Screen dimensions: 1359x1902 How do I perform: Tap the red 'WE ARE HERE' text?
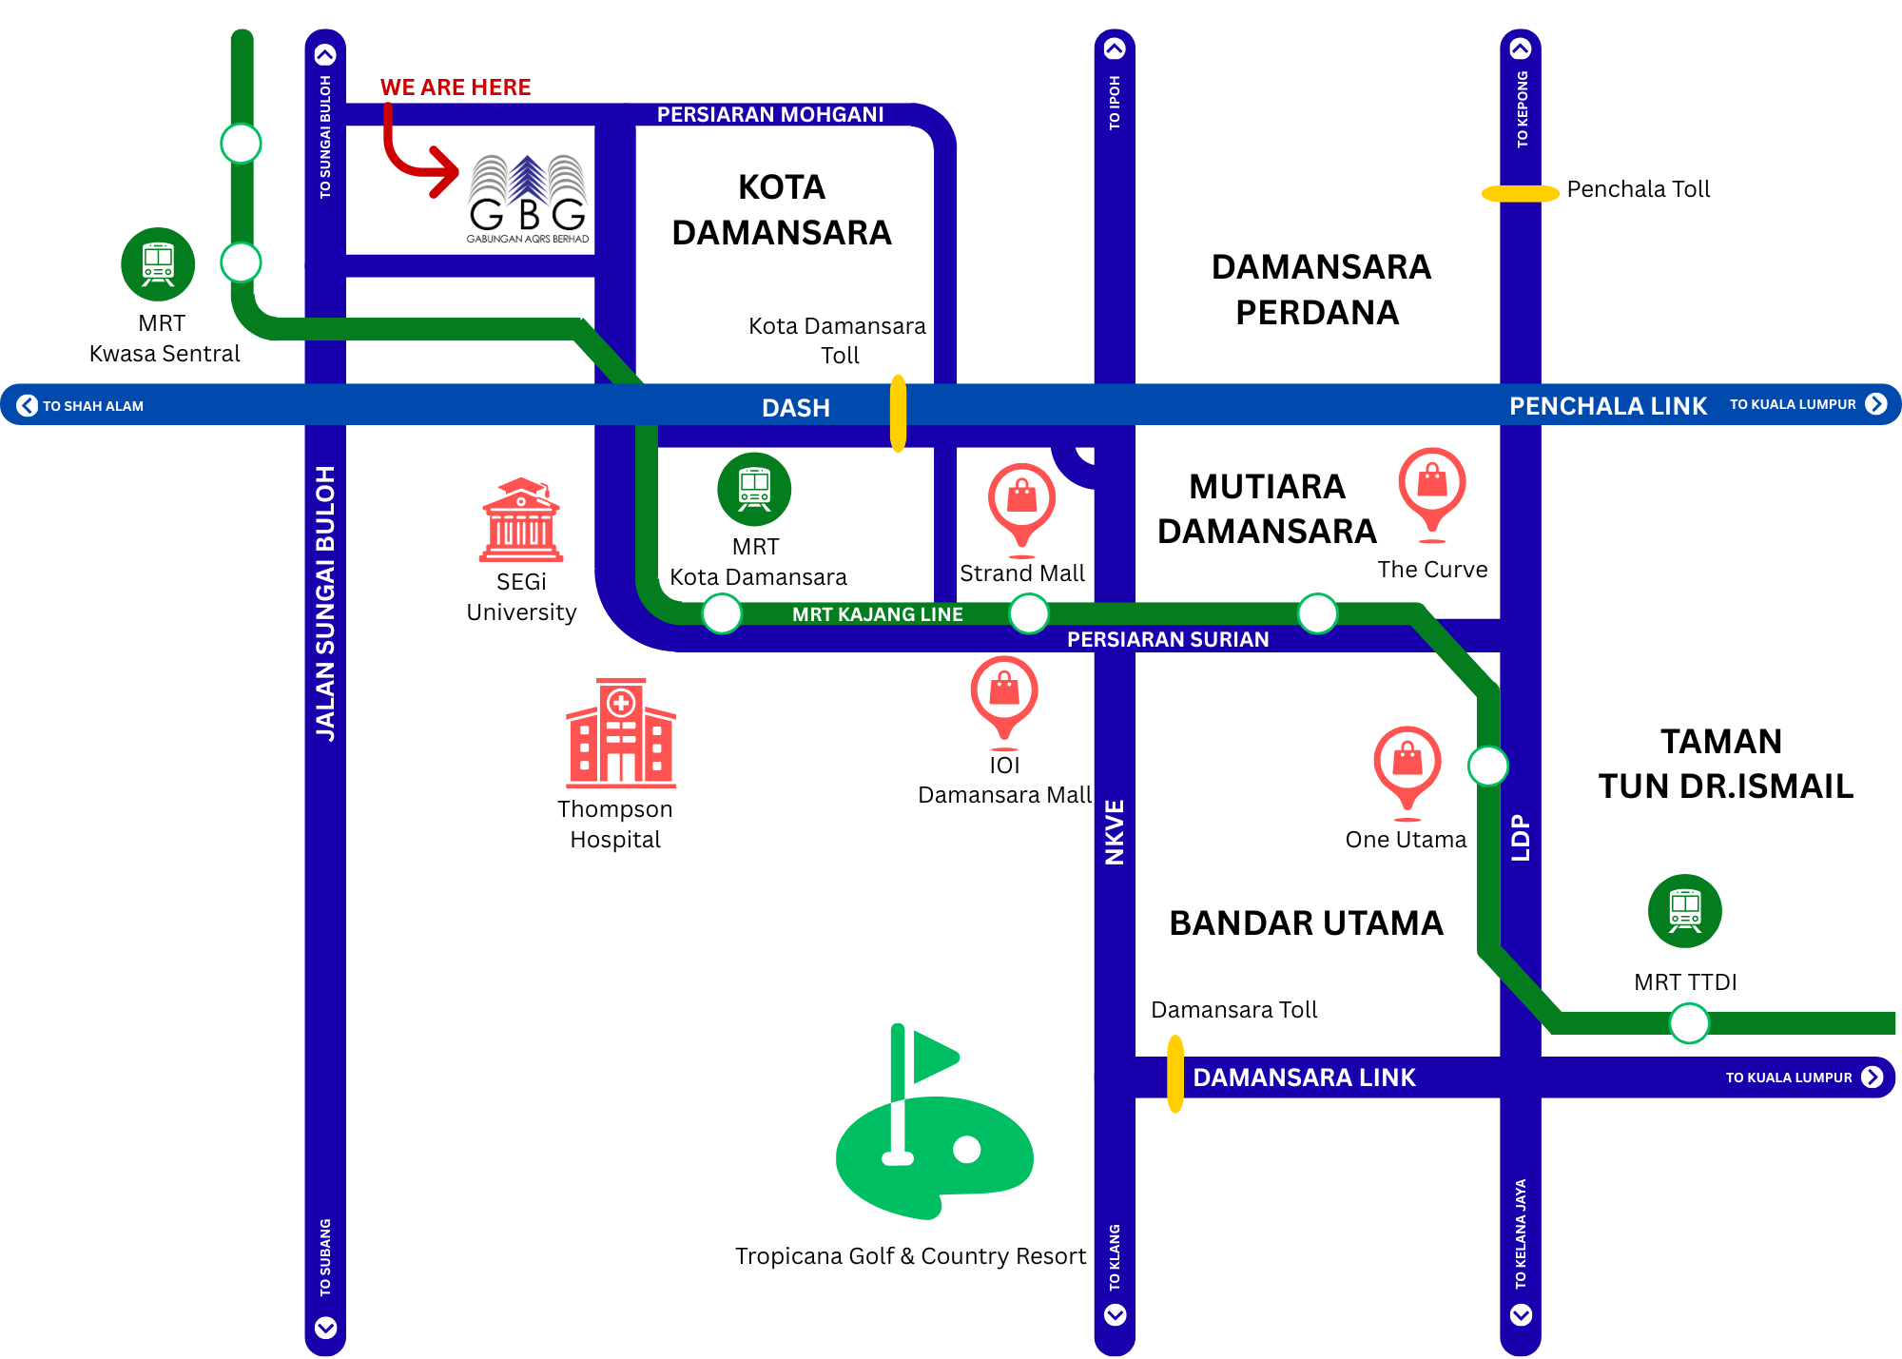coord(456,87)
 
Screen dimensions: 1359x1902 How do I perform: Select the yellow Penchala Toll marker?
coord(1520,193)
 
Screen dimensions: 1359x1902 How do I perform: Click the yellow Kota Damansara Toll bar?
coord(898,413)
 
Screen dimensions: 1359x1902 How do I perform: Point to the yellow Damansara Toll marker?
coord(1175,1074)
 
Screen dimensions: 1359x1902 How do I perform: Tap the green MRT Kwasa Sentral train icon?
coord(158,264)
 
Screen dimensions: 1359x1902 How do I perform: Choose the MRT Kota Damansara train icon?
coord(754,489)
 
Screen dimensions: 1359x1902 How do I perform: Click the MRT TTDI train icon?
coord(1684,911)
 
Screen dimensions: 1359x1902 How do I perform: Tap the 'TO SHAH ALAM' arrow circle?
coord(28,405)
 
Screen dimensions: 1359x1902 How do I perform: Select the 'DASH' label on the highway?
coord(796,408)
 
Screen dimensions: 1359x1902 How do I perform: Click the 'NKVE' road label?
coord(1115,832)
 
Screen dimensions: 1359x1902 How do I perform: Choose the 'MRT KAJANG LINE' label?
coord(877,614)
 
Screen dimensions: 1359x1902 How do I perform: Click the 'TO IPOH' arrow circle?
coord(1115,48)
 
